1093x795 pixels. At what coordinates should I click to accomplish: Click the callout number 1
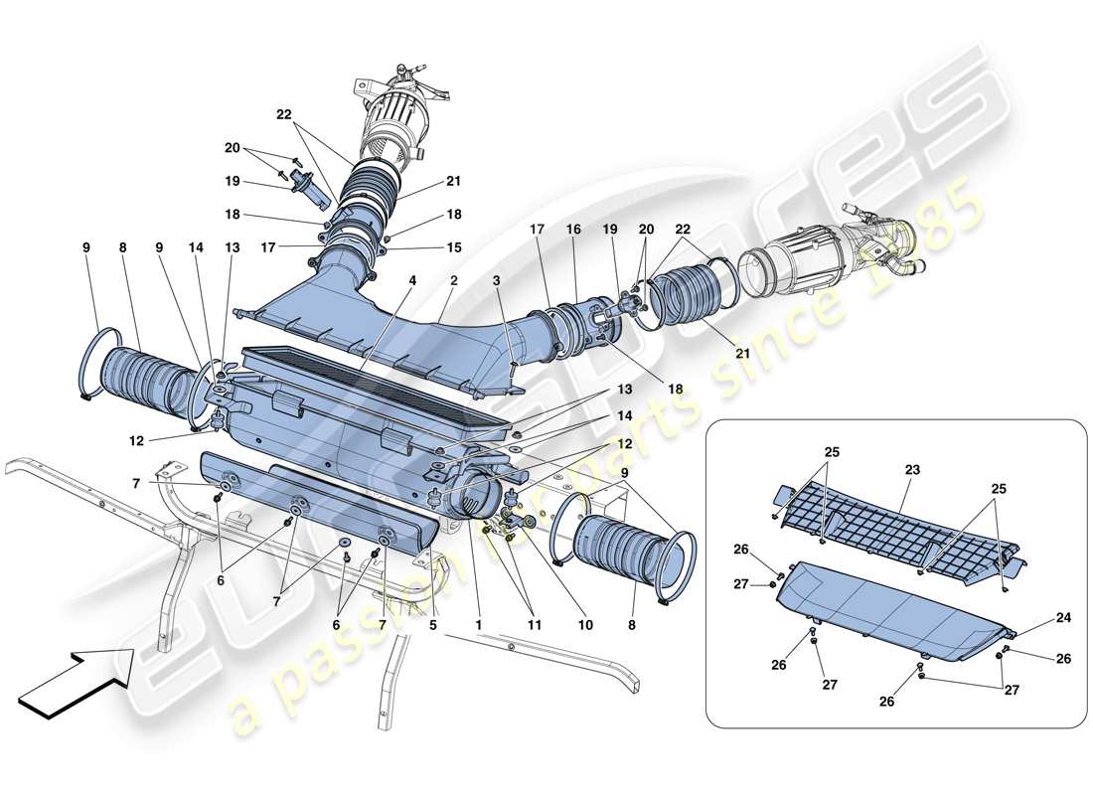tap(479, 625)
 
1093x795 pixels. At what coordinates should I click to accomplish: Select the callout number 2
tap(452, 282)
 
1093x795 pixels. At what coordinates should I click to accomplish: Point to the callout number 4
tap(410, 282)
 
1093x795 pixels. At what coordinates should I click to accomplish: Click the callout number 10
tap(585, 625)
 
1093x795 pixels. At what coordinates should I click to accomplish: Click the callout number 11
tap(534, 625)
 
